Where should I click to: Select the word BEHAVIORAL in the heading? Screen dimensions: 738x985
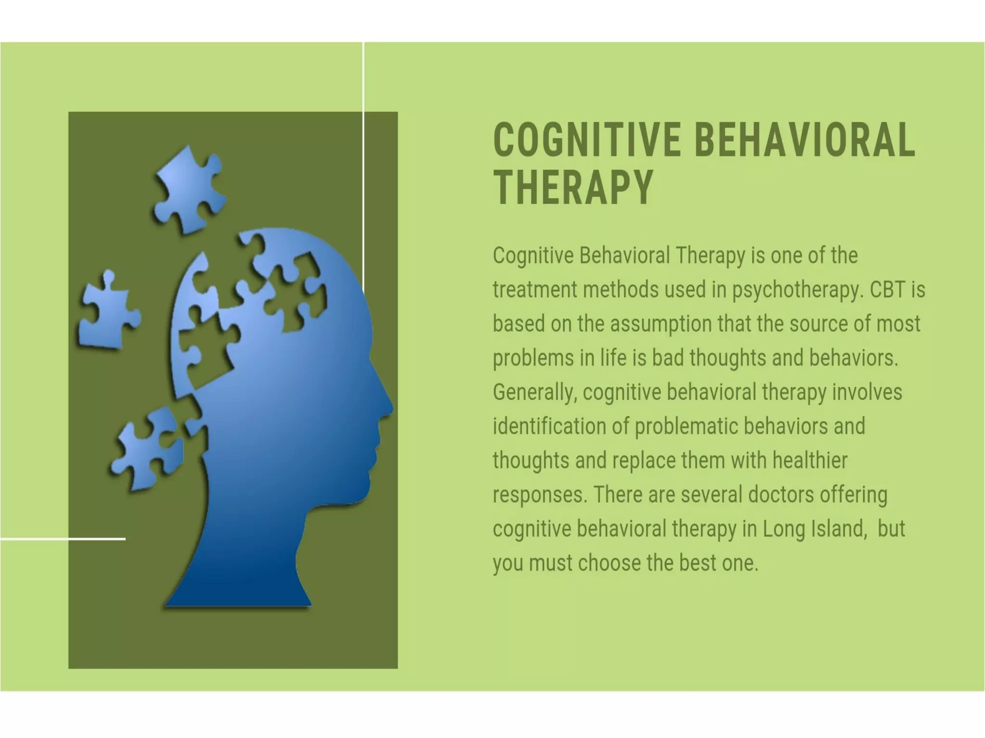805,140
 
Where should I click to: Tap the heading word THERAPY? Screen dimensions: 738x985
573,188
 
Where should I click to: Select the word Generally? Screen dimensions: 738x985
534,392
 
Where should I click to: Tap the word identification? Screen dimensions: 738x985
549,426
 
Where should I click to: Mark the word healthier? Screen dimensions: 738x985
810,461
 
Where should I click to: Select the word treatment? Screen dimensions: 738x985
534,290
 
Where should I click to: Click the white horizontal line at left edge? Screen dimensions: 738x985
63,539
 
